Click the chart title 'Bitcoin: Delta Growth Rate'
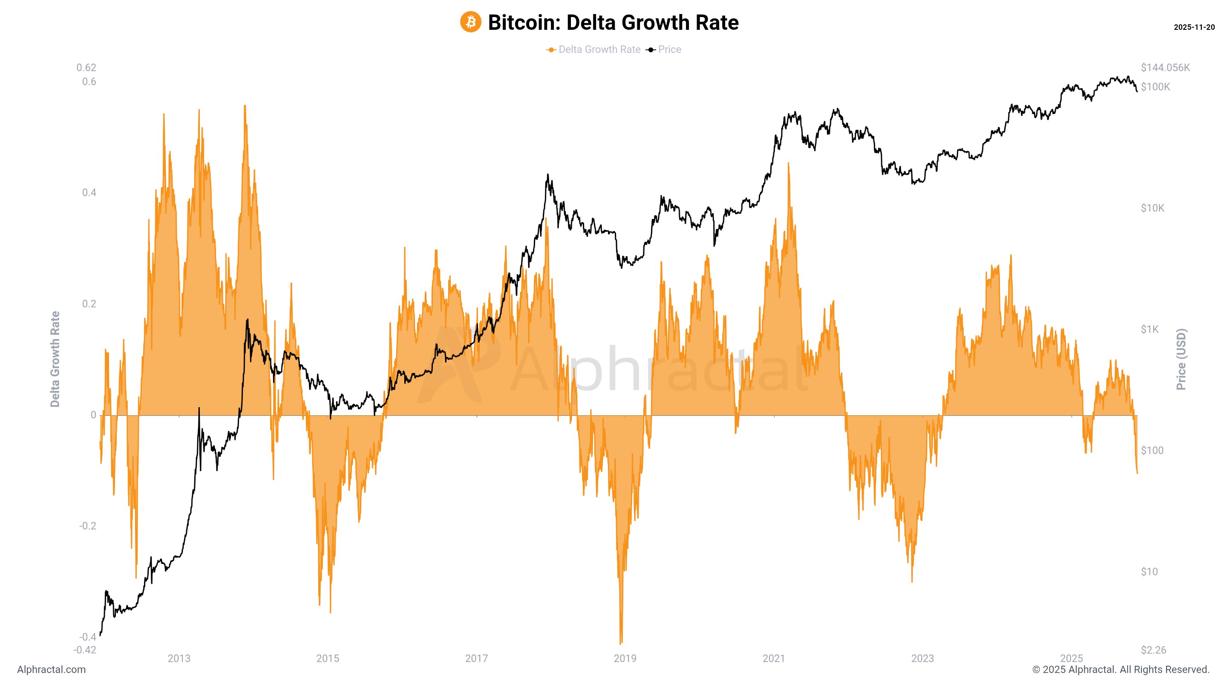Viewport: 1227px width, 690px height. [x=613, y=23]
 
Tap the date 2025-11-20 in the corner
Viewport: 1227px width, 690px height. [x=1194, y=28]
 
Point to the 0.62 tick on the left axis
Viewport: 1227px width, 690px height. [x=86, y=68]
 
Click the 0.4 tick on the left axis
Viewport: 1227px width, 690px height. [x=89, y=193]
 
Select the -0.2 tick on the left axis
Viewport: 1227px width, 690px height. [x=87, y=526]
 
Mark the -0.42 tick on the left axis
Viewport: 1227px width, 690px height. [x=85, y=650]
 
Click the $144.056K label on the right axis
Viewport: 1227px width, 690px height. [x=1165, y=68]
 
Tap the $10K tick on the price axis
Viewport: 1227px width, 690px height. [x=1152, y=208]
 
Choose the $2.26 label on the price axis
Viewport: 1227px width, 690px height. [x=1153, y=650]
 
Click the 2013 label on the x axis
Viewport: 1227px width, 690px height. [x=179, y=658]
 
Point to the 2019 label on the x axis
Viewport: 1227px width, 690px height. [x=625, y=658]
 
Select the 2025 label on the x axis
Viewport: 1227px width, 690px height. [x=1071, y=658]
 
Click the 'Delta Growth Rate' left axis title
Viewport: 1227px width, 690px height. [x=55, y=359]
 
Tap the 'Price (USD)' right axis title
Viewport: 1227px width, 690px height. [x=1181, y=359]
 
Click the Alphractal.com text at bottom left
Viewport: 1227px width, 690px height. [x=52, y=670]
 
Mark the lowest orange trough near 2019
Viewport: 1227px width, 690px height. [x=621, y=643]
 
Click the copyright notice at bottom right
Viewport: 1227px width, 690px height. [x=1120, y=670]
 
